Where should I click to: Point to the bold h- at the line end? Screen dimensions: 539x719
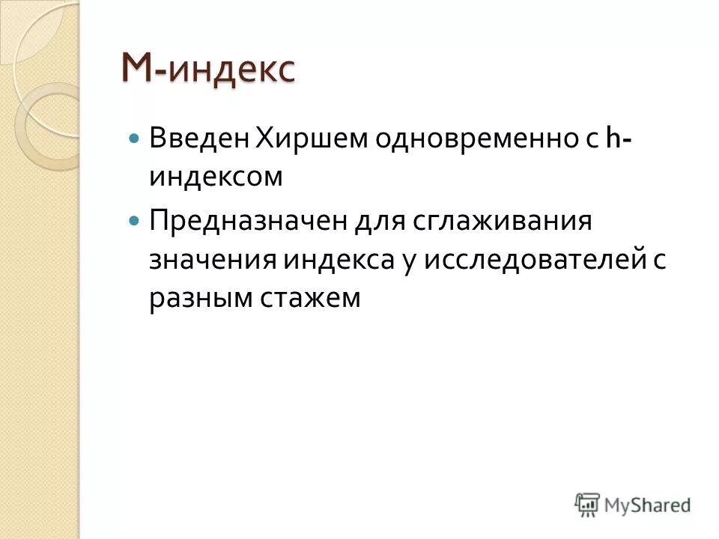coord(616,138)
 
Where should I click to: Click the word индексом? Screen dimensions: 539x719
coord(216,177)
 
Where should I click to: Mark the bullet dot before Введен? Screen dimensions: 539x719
coord(134,139)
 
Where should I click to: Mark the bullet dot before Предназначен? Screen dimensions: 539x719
coord(134,222)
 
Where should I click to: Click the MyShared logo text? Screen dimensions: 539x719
coord(647,505)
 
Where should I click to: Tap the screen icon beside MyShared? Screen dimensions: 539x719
coord(588,505)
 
